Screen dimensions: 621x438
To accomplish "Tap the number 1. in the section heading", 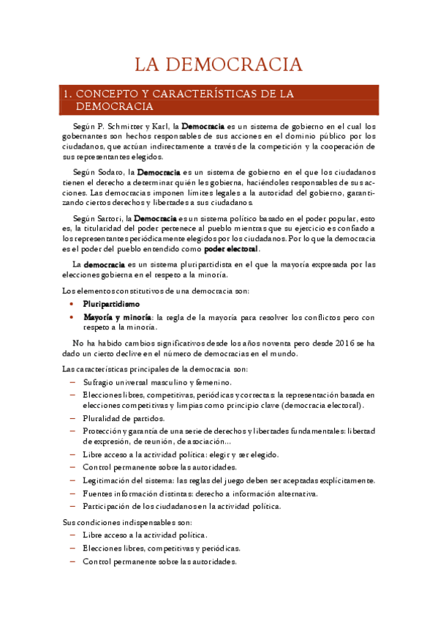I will click(x=67, y=94).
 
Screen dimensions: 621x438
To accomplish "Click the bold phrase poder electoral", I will click(x=231, y=249).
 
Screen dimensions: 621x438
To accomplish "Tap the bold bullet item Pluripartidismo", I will click(x=111, y=303).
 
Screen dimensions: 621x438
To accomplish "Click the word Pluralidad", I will click(x=102, y=418).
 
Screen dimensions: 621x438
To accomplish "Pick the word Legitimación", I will click(x=107, y=480).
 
